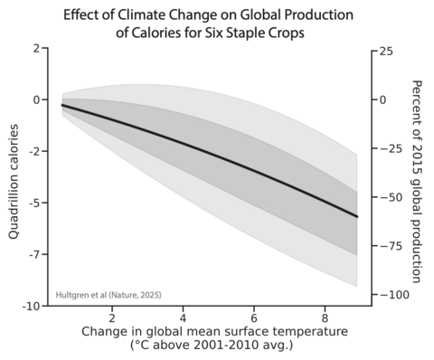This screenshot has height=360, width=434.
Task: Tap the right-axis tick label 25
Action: click(x=386, y=52)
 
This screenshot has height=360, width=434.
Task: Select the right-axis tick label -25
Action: click(x=388, y=148)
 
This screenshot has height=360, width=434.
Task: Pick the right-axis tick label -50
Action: click(x=388, y=197)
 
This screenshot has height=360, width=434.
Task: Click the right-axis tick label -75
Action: click(x=388, y=246)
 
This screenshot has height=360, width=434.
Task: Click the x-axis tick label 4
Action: click(x=184, y=319)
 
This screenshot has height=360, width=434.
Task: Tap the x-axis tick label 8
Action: click(x=325, y=319)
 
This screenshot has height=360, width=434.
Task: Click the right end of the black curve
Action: click(x=357, y=217)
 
